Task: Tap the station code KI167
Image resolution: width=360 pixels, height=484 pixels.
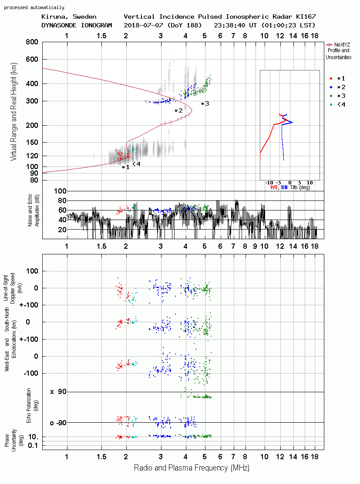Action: [306, 17]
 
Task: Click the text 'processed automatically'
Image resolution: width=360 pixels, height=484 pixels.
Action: [34, 7]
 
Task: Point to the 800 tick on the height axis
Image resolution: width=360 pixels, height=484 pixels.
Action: [32, 42]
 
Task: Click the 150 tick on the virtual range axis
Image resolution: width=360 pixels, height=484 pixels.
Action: [32, 142]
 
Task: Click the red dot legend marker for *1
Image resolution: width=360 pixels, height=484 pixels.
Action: [331, 78]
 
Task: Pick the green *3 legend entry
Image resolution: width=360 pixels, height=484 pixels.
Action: [337, 96]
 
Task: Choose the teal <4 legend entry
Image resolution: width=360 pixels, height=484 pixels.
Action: [337, 104]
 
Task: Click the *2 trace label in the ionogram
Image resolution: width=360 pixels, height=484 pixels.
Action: [178, 110]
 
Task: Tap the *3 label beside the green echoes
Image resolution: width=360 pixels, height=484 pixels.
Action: [205, 103]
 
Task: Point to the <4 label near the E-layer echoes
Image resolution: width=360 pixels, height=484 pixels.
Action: [136, 164]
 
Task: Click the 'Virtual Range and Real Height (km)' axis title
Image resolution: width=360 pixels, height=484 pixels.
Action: [13, 112]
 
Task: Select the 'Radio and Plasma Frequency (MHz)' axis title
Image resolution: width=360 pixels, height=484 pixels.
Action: [192, 468]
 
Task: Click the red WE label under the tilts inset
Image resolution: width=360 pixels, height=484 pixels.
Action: [274, 187]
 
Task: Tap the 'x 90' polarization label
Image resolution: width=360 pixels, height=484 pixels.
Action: [58, 392]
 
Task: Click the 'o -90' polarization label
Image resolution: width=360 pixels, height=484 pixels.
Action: [58, 423]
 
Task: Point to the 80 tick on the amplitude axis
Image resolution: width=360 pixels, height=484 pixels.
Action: [62, 200]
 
